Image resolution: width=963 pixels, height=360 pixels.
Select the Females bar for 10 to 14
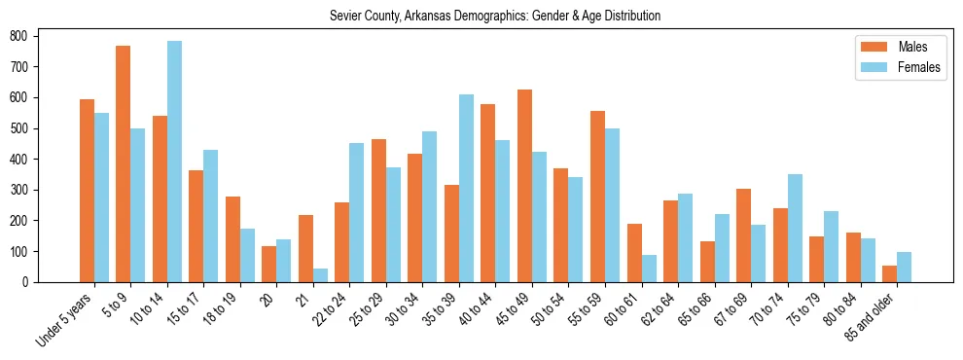click(174, 162)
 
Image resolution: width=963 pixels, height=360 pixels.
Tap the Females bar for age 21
click(320, 275)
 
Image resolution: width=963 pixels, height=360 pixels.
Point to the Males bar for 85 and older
click(889, 273)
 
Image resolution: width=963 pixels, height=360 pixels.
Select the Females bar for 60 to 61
click(649, 269)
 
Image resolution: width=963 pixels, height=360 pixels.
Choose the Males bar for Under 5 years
click(87, 191)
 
